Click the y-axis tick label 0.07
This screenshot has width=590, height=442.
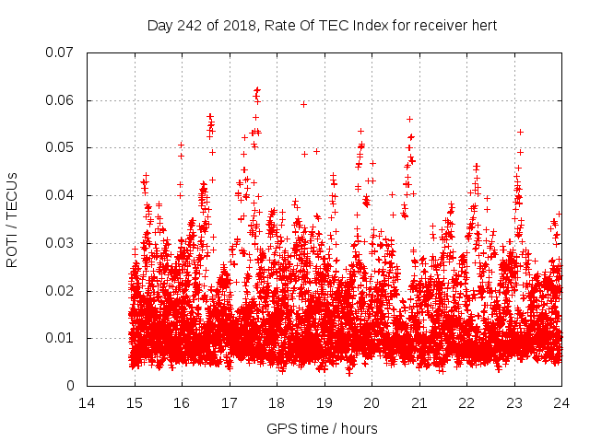point(63,52)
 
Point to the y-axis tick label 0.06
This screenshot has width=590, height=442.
point(63,100)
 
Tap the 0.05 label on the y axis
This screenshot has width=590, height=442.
point(63,147)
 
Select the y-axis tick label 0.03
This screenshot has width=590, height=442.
point(63,243)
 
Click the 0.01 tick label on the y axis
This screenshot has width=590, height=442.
point(63,338)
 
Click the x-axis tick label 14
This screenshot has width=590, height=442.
point(87,402)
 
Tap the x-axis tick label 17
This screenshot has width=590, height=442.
point(230,402)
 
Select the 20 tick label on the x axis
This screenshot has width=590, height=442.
point(372,402)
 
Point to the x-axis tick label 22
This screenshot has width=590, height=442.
point(466,402)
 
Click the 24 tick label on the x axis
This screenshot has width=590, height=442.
point(561,402)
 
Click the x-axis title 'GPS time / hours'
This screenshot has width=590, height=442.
point(322,428)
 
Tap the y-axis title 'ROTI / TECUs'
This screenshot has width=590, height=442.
point(13,219)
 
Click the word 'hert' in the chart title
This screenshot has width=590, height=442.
point(483,25)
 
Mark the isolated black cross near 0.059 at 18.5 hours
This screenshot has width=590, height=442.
point(303,104)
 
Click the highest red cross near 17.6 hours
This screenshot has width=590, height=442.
point(257,90)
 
